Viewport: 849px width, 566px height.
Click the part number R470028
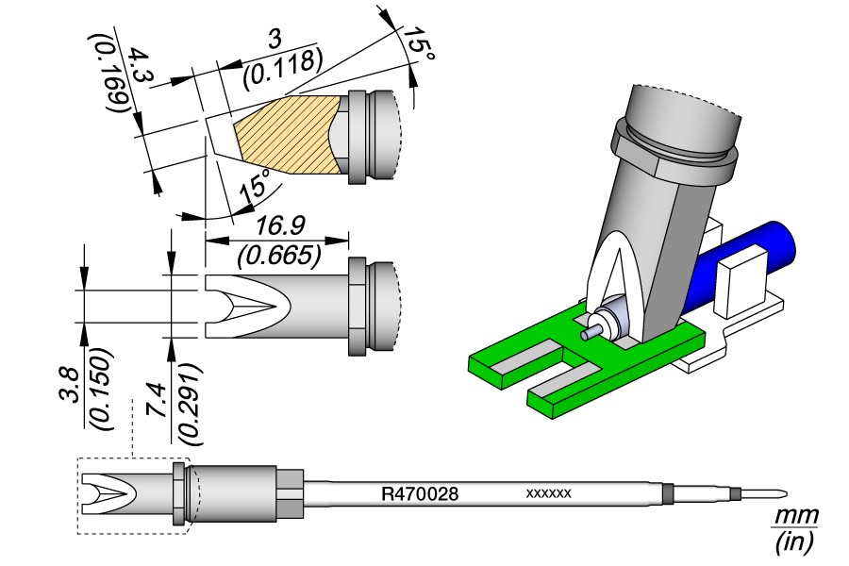[x=420, y=493]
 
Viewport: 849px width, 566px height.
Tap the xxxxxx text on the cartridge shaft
[x=548, y=493]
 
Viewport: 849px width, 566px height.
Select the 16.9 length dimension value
[x=280, y=225]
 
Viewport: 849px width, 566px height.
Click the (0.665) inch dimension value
[x=279, y=255]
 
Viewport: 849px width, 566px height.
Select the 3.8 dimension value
[x=71, y=386]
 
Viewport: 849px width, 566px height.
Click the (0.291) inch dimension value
[x=190, y=405]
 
